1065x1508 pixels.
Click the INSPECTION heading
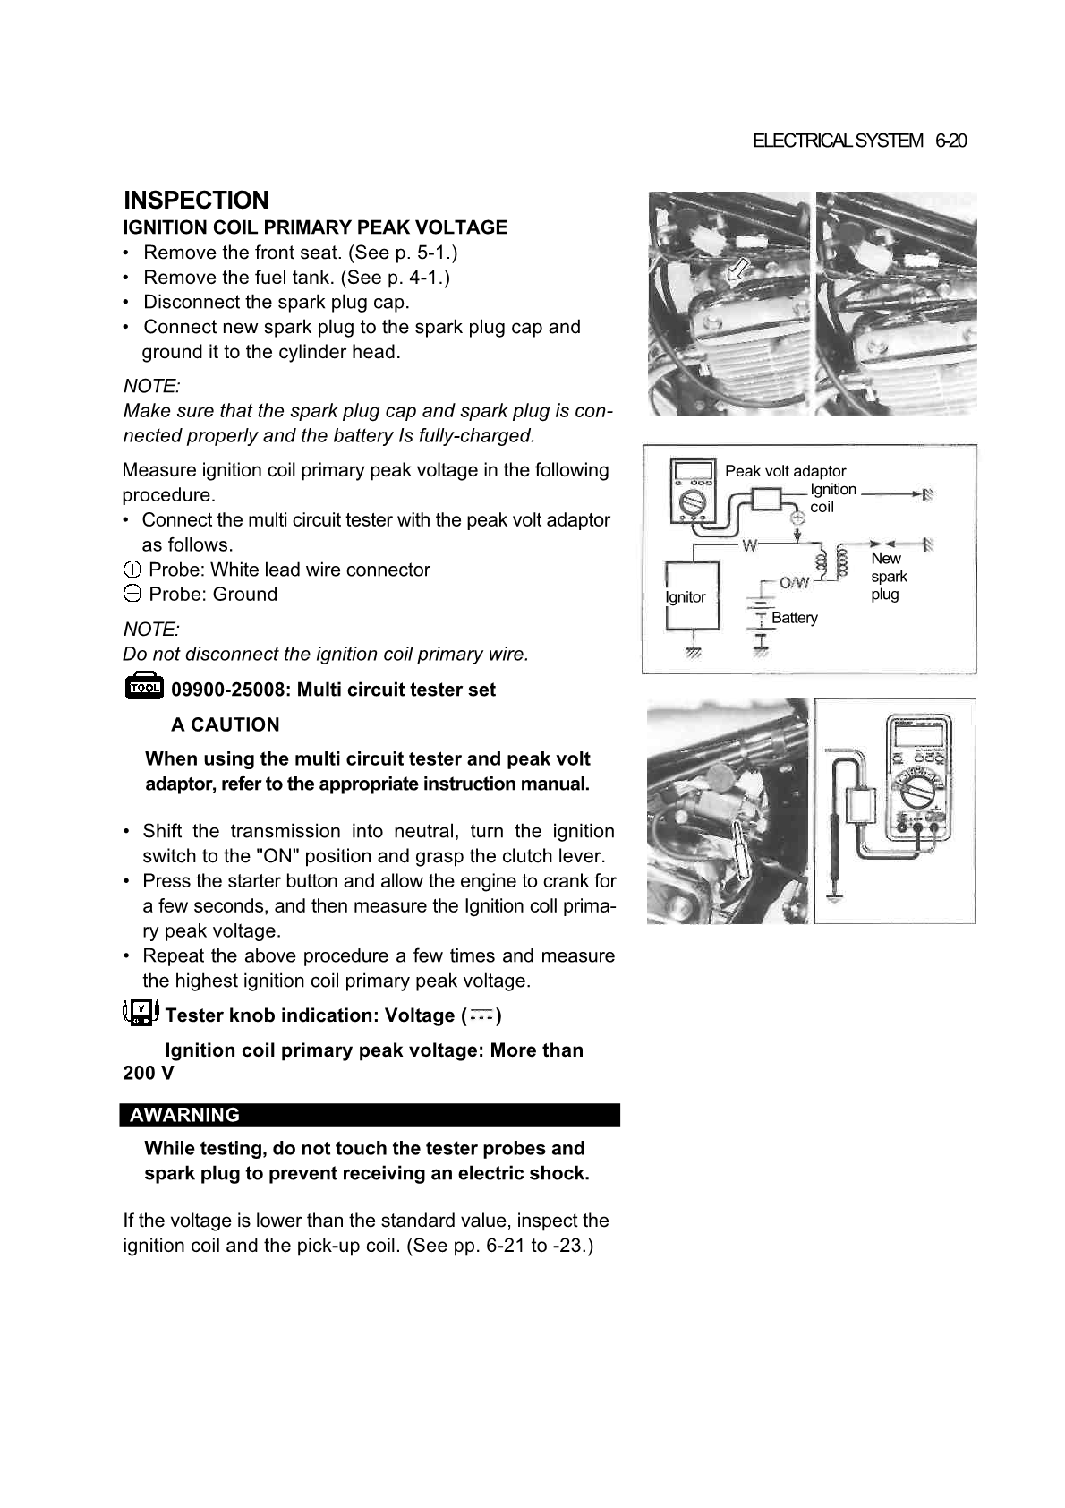[196, 200]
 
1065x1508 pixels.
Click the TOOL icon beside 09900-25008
[143, 687]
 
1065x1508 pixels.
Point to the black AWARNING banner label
[184, 1115]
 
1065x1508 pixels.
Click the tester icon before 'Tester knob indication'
[140, 1013]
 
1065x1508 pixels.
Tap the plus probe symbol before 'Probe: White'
[132, 570]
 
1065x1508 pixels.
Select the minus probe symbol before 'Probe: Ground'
[132, 594]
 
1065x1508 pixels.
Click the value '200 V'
[149, 1073]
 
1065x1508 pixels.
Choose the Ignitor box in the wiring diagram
[691, 596]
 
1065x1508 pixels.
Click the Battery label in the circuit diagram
[794, 618]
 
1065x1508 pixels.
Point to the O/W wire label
[794, 583]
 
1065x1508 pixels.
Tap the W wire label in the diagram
[748, 544]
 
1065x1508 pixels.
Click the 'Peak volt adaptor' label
[785, 471]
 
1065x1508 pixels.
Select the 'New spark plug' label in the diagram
[889, 576]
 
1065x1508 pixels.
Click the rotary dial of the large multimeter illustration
[921, 791]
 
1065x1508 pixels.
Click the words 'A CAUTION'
[225, 724]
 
